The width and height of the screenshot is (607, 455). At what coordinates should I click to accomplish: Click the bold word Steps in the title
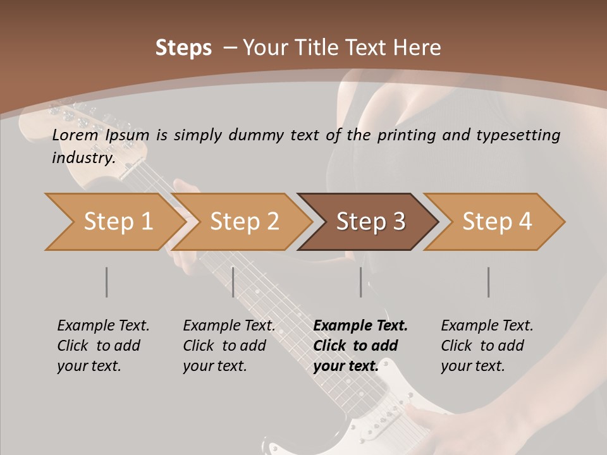point(183,48)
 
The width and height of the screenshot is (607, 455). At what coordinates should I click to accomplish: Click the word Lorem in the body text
point(75,135)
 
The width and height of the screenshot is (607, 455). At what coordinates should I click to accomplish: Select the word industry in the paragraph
point(83,157)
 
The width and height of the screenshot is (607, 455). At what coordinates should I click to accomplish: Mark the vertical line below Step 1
point(106,282)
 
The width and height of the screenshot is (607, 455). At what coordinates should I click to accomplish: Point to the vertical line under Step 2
point(233,282)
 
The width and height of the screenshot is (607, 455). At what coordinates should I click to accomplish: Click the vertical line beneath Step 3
point(361,282)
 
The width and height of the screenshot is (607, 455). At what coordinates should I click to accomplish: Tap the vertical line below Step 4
point(488,282)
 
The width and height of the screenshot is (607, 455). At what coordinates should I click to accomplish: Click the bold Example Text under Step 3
point(360,326)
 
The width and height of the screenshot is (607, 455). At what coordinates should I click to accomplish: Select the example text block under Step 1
point(103,346)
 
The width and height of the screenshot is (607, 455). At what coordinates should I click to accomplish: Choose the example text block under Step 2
point(229,346)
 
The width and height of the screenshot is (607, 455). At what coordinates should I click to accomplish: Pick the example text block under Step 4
point(487,346)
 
